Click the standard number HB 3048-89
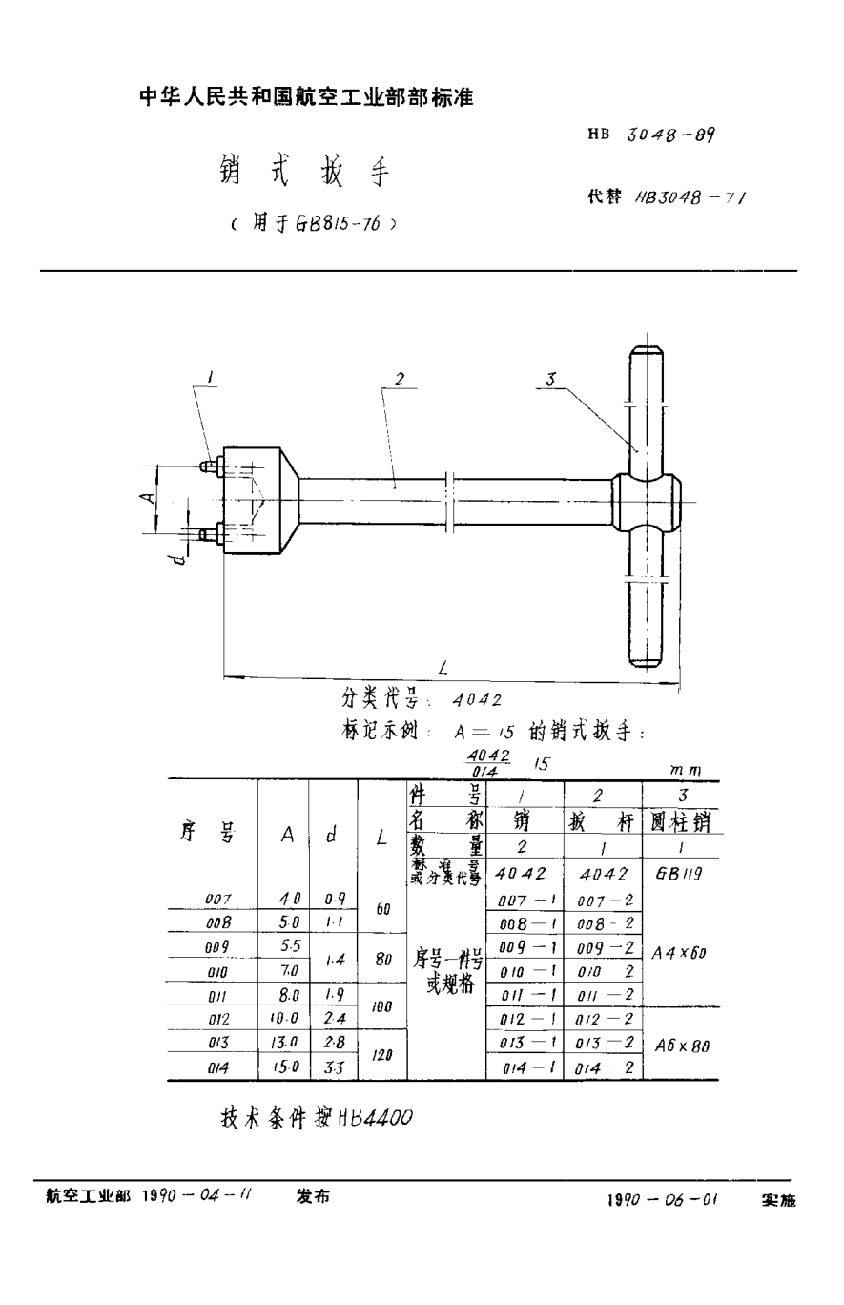click(x=652, y=135)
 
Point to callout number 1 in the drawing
click(x=211, y=380)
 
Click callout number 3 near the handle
click(x=550, y=381)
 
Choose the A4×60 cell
click(x=681, y=952)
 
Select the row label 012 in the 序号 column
click(x=220, y=1019)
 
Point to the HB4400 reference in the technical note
click(x=373, y=1118)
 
